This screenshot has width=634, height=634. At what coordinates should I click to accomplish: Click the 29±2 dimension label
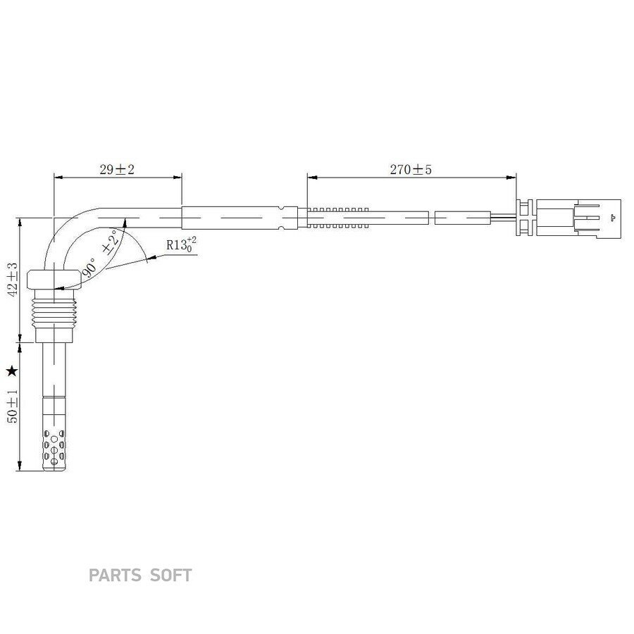117,169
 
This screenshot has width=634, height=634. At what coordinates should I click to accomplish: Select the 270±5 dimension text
411,169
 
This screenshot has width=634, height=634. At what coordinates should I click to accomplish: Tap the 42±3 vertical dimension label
13,280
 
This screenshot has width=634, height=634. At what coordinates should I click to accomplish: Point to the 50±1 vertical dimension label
13,406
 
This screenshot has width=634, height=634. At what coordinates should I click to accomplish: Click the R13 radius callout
181,245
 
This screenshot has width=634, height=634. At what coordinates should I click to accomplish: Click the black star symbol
13,371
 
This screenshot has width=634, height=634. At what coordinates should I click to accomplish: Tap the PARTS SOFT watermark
140,575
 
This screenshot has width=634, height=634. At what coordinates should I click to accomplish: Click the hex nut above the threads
54,280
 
